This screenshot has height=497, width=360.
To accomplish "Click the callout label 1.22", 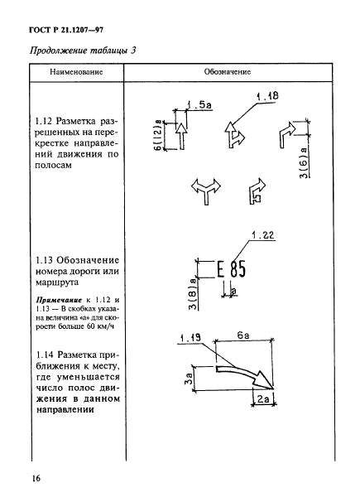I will click(x=262, y=235).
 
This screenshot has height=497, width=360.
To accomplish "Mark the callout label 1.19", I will click(x=190, y=337).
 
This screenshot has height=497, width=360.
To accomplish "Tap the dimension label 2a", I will click(x=262, y=400).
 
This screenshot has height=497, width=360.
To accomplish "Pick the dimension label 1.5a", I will click(x=199, y=105).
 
